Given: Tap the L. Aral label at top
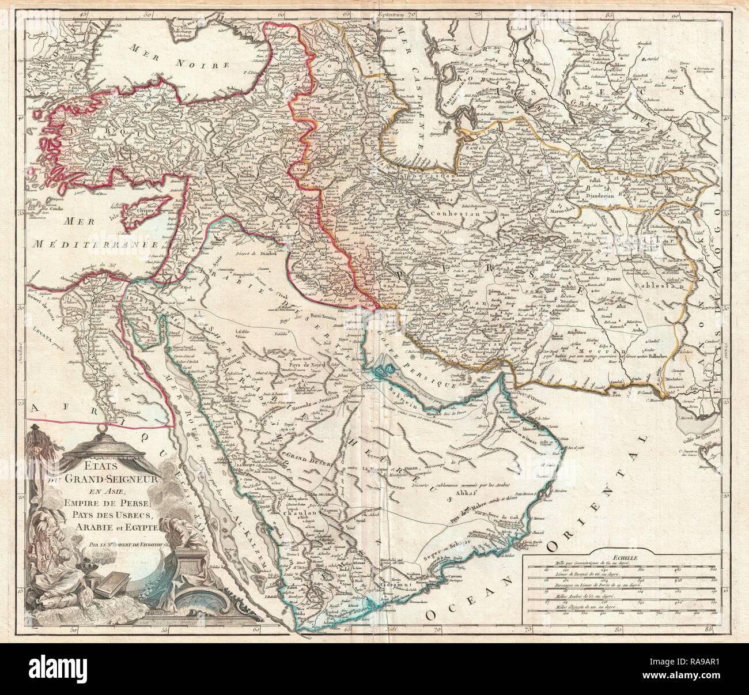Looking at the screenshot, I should click(519, 26).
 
